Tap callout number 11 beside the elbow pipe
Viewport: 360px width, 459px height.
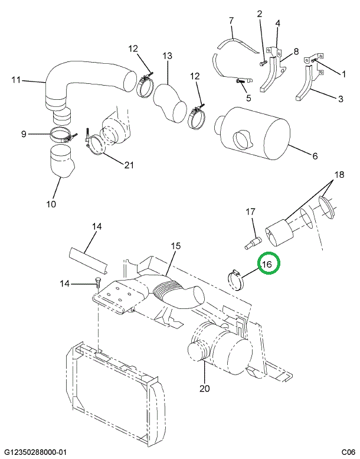[x=16, y=79]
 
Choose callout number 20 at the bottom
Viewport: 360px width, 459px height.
[x=204, y=388]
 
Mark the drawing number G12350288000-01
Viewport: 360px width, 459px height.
[x=35, y=452]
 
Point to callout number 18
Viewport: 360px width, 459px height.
[x=339, y=175]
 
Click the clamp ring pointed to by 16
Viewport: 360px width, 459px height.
[x=237, y=280]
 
